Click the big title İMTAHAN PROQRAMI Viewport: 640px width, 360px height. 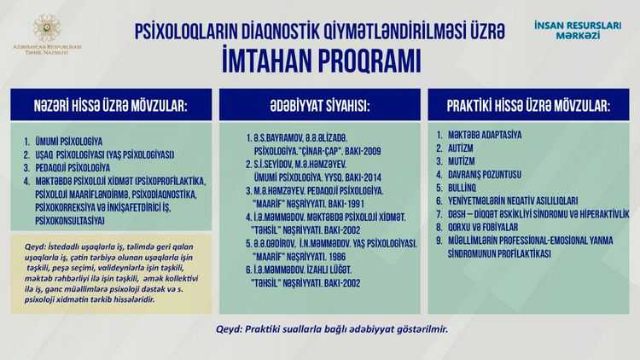tap(320, 62)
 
